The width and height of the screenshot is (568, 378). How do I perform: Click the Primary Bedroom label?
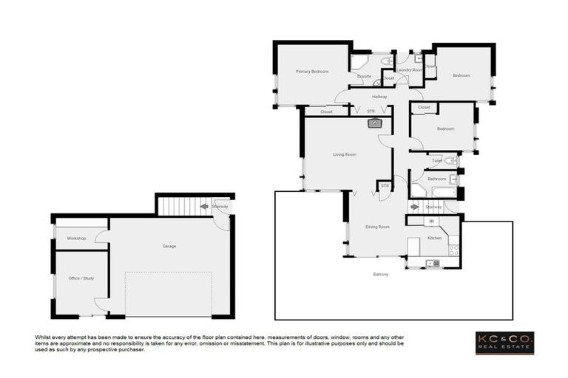[x=311, y=72]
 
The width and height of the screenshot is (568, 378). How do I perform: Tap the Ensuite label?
[x=364, y=76]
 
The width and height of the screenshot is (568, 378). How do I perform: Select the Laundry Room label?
[x=409, y=69]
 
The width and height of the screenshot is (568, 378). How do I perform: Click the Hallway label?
[x=379, y=97]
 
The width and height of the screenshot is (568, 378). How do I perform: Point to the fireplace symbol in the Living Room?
[x=374, y=123]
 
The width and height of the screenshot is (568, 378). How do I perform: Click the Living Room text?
[x=345, y=154]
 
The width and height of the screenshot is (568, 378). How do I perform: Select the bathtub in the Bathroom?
[x=444, y=193]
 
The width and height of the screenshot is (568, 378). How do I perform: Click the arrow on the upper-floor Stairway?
[x=415, y=207]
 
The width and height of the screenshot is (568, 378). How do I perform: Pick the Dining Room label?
[x=377, y=227]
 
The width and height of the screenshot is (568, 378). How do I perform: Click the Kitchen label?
[x=434, y=238]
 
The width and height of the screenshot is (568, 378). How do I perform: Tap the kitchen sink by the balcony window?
[x=432, y=263]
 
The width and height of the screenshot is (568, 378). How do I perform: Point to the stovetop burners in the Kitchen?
[x=453, y=250]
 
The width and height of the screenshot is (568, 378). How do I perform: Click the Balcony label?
[x=381, y=275]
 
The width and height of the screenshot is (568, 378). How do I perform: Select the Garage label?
[x=169, y=246]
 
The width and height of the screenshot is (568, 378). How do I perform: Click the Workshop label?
[x=77, y=238]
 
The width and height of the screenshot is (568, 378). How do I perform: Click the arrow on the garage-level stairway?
[x=205, y=207]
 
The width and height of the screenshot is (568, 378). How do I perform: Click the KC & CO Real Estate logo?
[x=504, y=343]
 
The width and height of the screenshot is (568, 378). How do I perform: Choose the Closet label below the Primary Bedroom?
[x=326, y=111]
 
